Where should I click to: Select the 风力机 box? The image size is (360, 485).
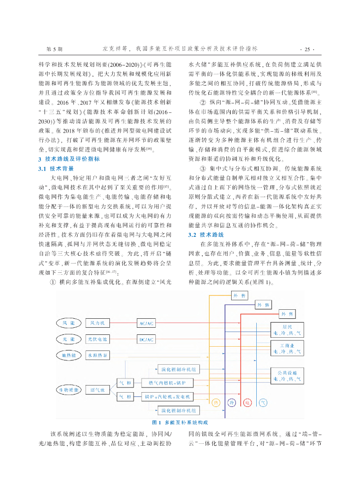coord(97,323)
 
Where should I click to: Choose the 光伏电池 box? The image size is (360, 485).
coord(97,339)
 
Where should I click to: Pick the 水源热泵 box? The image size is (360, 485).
coord(97,355)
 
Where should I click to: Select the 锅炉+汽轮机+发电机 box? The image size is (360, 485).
coord(167,396)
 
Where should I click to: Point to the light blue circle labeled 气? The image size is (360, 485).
coord(262,403)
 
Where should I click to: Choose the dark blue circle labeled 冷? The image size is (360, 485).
coord(231,403)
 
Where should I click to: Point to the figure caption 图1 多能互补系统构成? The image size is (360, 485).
coord(180,422)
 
